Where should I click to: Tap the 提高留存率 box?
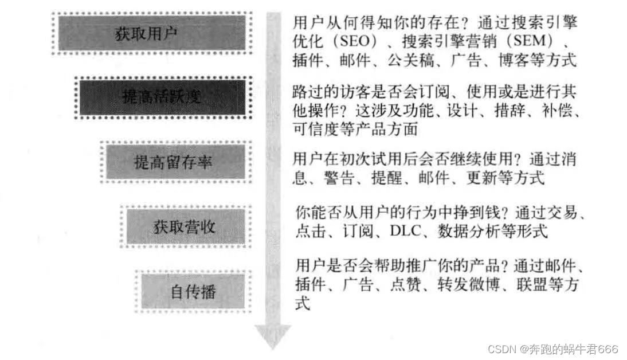click(x=173, y=162)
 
